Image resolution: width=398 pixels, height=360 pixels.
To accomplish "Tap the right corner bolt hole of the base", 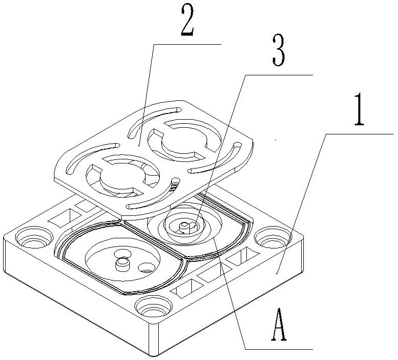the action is (269, 236).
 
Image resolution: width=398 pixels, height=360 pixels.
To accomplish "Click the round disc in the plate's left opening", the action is (118, 178).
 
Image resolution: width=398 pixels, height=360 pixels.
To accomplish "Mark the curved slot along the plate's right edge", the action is (224, 156).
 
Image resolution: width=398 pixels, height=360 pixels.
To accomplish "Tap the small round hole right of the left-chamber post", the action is (146, 266).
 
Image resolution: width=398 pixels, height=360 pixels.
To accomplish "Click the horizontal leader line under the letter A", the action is (277, 349).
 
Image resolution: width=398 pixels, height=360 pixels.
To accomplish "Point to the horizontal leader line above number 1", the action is (359, 134).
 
